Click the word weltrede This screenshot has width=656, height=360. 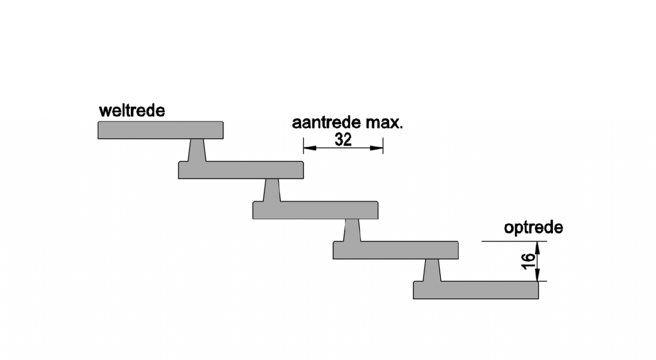pyautogui.click(x=132, y=111)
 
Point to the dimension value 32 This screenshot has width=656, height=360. pyautogui.click(x=343, y=139)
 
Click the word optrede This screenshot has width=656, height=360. pyautogui.click(x=533, y=228)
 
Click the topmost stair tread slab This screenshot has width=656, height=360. pyautogui.click(x=160, y=130)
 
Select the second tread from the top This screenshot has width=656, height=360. pyautogui.click(x=241, y=170)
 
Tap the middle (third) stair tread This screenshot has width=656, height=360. pyautogui.click(x=316, y=210)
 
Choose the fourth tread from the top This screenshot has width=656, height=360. pyautogui.click(x=395, y=250)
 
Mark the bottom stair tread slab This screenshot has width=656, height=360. pyautogui.click(x=476, y=290)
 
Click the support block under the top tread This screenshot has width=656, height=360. pyautogui.click(x=197, y=150)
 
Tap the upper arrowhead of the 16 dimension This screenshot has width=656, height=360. pyautogui.click(x=537, y=245)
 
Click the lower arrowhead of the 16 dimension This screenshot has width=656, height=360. pyautogui.click(x=537, y=277)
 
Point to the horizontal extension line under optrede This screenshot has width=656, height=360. pyautogui.click(x=512, y=241)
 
